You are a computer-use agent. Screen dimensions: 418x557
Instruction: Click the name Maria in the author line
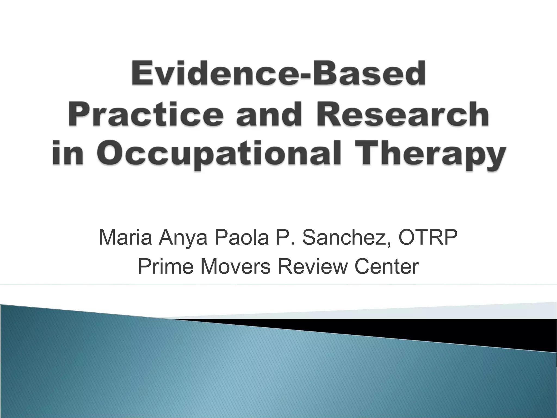pyautogui.click(x=125, y=237)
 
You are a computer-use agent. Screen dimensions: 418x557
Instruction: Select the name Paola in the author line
pyautogui.click(x=241, y=237)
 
